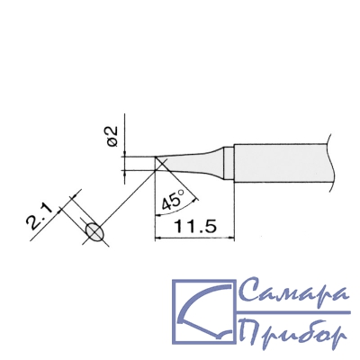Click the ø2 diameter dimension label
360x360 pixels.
pos(112,137)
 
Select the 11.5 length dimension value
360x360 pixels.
pos(194,227)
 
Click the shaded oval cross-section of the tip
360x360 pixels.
pos(94,232)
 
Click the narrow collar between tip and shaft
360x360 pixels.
pos(229,163)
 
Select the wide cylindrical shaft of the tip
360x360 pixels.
pos(281,163)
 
